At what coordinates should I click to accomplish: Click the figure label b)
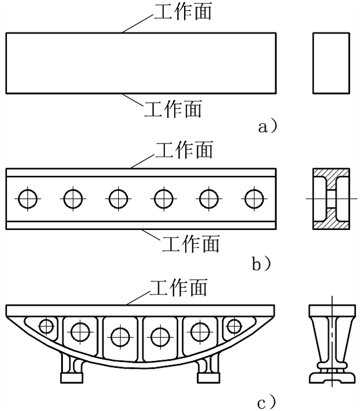click(x=261, y=264)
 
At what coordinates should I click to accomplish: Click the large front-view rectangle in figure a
click(x=141, y=63)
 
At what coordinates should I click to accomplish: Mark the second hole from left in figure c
click(x=80, y=331)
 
